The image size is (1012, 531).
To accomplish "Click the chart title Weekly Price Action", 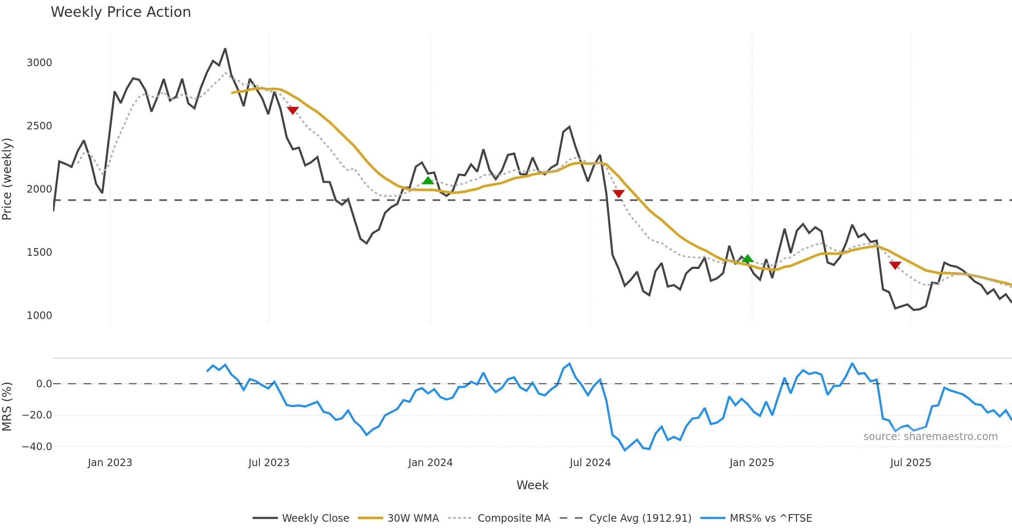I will coord(121,12).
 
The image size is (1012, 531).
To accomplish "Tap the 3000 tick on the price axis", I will coord(39,63).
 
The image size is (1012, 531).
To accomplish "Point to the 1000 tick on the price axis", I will coord(39,316).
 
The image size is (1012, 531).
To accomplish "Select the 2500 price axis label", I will coord(39,126).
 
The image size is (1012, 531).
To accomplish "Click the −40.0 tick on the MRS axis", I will coord(37,447).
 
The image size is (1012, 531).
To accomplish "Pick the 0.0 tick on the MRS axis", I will coord(44,384).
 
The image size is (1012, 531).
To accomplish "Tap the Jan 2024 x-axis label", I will coord(430,463).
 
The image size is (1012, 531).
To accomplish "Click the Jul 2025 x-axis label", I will coord(910,463).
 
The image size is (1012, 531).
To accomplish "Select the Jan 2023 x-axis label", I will coord(110,463).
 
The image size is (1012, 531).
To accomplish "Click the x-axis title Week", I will coord(532,485).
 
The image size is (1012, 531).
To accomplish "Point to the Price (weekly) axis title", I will coord(7,179).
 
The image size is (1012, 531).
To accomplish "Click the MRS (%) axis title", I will coord(7,407).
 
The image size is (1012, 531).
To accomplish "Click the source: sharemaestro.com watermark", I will coord(930,437).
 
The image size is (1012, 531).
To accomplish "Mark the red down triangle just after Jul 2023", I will coord(293,110).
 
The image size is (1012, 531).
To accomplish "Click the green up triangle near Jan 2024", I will coord(428,181).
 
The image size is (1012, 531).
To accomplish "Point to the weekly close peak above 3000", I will coord(225,49).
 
